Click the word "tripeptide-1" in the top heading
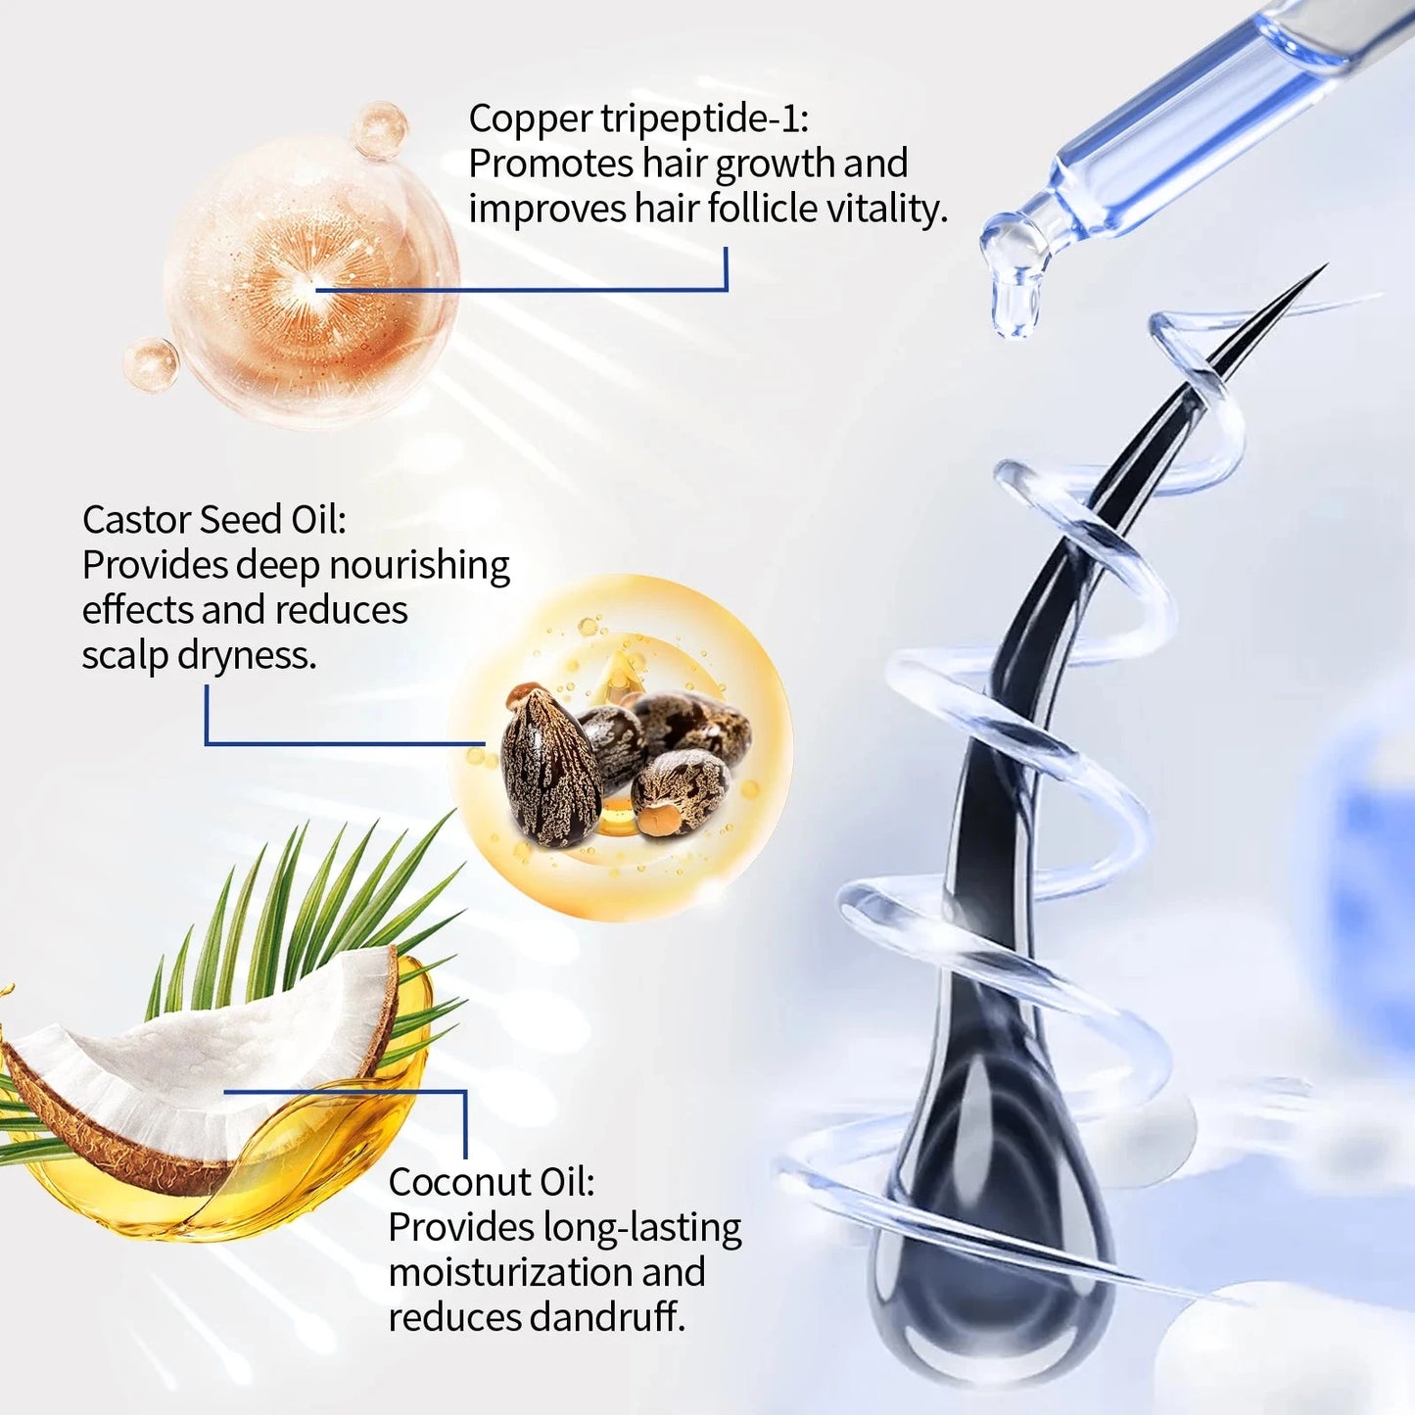704,119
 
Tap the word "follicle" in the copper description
763,209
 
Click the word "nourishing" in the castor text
419,566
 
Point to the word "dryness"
247,656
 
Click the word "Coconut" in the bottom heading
452,1182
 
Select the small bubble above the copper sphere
379,129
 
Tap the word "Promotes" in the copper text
551,164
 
